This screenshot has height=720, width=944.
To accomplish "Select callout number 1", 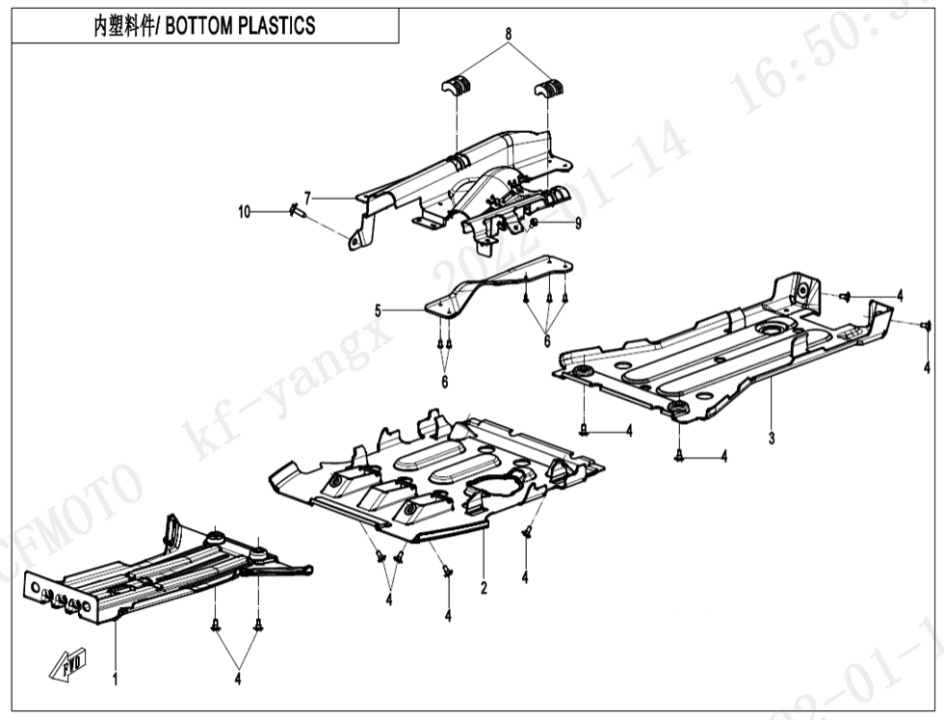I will click(x=115, y=680).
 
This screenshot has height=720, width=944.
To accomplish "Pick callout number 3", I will click(x=772, y=439).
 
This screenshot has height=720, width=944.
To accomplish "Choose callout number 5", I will click(x=379, y=310).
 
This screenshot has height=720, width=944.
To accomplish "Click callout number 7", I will click(x=308, y=197).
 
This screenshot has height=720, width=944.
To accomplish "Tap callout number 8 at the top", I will click(x=508, y=34).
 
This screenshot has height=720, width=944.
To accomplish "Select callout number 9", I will click(x=578, y=224).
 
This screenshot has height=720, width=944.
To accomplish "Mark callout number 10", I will click(x=245, y=211).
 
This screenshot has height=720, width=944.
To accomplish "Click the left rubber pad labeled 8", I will click(x=459, y=86).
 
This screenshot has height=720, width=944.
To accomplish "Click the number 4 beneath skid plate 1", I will click(x=237, y=679).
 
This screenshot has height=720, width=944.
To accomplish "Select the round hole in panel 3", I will click(x=771, y=331).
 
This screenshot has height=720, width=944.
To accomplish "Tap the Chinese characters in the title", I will click(x=122, y=26).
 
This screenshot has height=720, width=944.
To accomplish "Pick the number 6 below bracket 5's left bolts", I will click(x=444, y=382).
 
